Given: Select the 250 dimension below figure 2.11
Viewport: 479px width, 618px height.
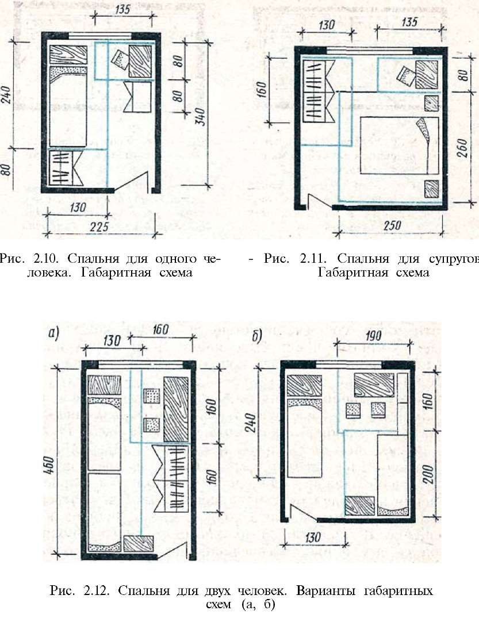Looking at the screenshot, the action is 392,225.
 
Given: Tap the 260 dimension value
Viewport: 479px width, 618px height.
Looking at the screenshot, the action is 463,148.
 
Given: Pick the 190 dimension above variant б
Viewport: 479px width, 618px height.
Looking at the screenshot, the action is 373,335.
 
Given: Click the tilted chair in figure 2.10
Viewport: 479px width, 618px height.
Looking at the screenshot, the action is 120,61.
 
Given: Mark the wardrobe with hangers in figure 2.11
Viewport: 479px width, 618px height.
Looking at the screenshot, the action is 318,90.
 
